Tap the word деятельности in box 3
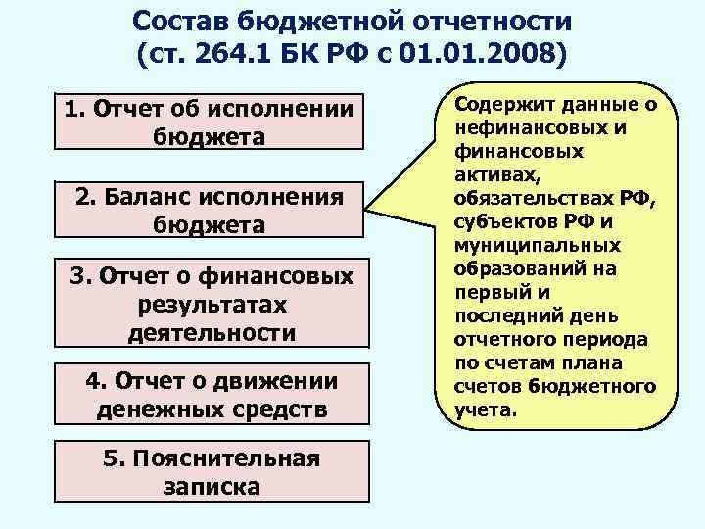[211, 332]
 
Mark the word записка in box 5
[211, 486]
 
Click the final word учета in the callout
[483, 409]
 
